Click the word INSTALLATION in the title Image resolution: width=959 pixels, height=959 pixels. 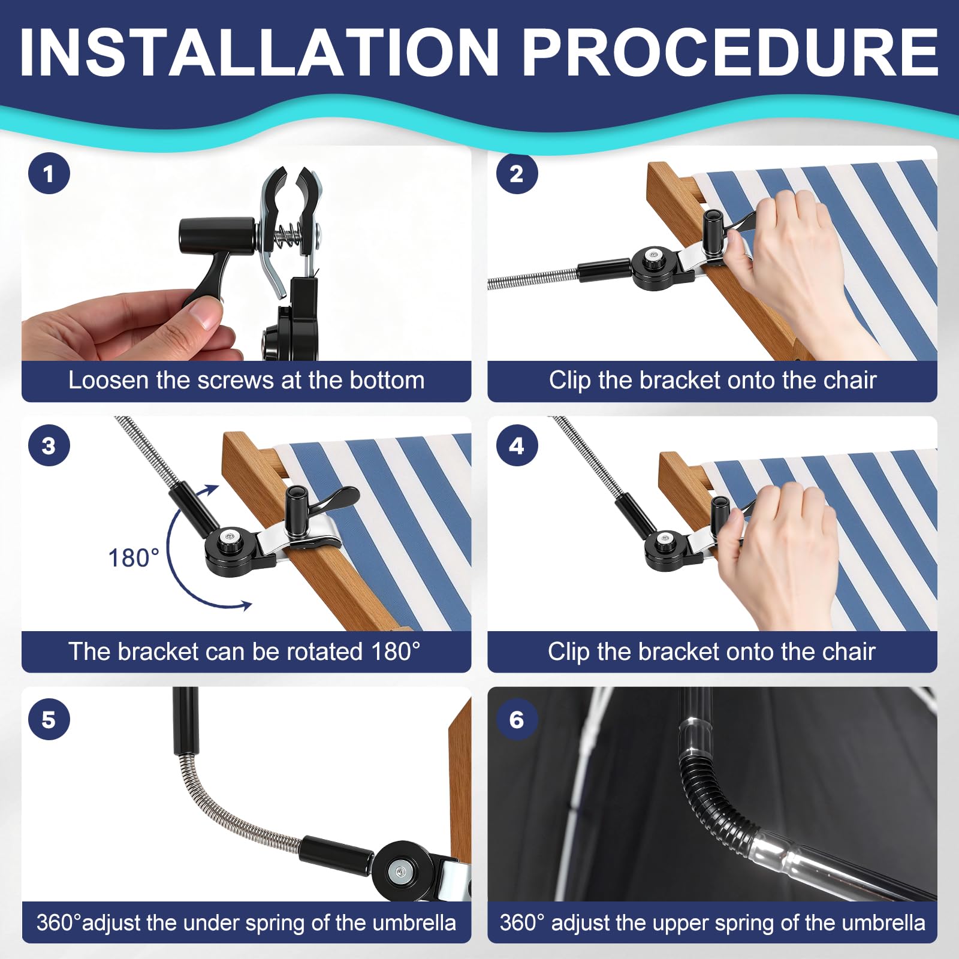coord(259,53)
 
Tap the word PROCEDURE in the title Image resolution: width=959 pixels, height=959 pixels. coord(730,53)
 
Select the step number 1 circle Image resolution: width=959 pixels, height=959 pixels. coord(49,174)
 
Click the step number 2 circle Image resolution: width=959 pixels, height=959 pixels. coord(517,174)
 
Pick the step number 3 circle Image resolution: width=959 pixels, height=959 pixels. coord(49,445)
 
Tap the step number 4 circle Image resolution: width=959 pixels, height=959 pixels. coord(517,445)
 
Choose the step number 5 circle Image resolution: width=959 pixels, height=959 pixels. coord(49,719)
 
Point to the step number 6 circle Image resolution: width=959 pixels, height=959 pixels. coord(517,719)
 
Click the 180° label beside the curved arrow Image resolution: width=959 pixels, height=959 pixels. coord(134,558)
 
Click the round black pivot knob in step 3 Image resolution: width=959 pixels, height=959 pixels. coord(231,549)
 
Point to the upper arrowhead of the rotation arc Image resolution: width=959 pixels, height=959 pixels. coord(210,490)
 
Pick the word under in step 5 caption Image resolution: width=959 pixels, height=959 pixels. coord(213,923)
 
